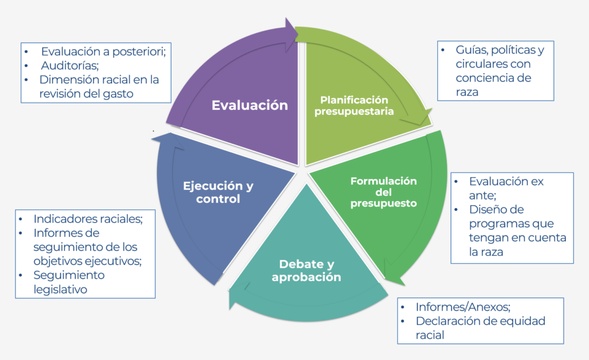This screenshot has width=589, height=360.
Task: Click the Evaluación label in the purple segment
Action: click(250, 105)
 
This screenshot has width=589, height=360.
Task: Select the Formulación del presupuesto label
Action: click(384, 192)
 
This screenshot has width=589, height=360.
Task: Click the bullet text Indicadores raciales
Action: click(87, 219)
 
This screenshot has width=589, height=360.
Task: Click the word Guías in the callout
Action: click(471, 50)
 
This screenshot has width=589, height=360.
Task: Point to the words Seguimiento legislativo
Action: click(69, 282)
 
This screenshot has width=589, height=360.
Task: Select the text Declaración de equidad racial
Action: click(480, 328)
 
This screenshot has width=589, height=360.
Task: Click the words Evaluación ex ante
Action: click(506, 188)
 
